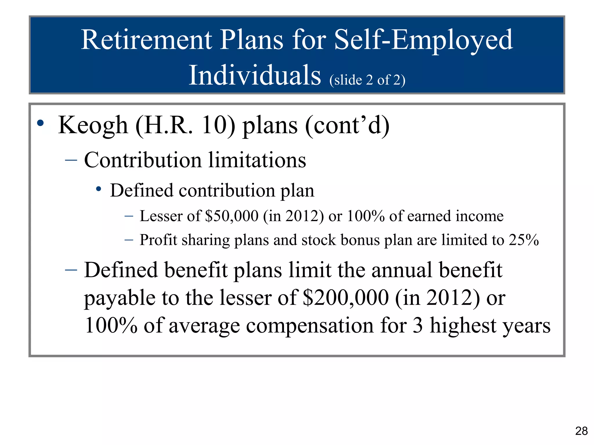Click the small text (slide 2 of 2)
(x=367, y=80)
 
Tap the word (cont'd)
(x=347, y=125)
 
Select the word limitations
(x=257, y=160)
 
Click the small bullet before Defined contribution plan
(x=99, y=189)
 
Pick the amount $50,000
(x=231, y=216)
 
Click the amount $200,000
(x=345, y=298)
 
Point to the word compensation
(x=310, y=326)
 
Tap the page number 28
(x=581, y=431)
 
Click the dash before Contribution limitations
(x=71, y=160)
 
